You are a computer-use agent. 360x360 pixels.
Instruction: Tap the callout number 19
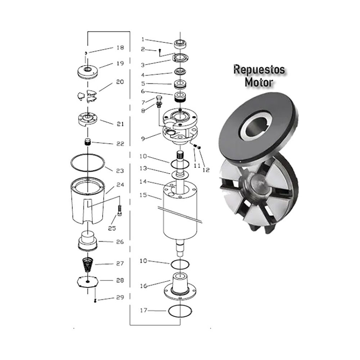point(120,63)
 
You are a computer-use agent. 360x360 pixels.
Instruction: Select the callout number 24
point(120,185)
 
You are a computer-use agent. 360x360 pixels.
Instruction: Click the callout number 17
point(143,310)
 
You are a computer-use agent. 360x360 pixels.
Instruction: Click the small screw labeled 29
point(95,301)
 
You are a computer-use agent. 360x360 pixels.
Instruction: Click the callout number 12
point(206,170)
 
